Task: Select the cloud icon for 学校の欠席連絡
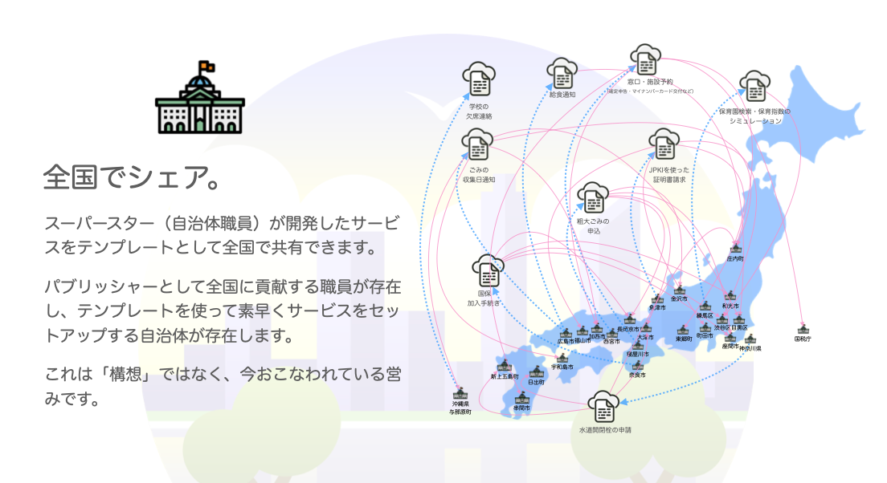pos(479,79)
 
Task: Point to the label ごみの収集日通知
pos(478,175)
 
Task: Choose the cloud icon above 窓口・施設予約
pos(645,59)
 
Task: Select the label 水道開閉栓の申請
pos(604,430)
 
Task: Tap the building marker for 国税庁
pos(802,329)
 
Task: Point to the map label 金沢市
pos(679,298)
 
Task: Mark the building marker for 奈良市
pos(637,366)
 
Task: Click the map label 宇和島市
pos(562,367)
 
